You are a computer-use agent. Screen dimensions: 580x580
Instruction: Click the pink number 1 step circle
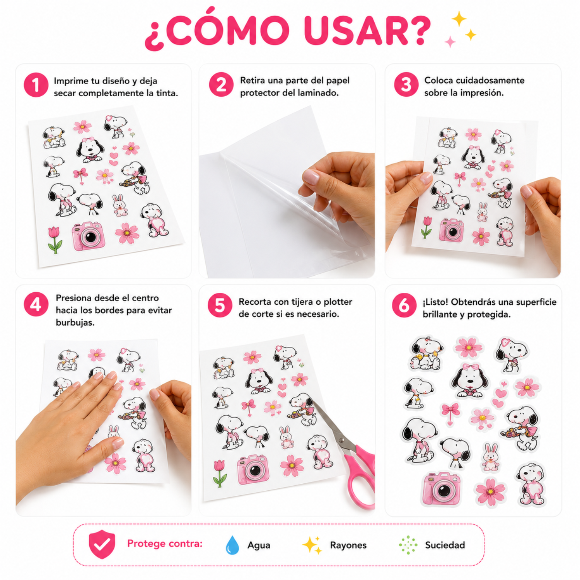click(x=36, y=85)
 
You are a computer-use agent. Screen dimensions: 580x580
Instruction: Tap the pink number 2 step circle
click(x=221, y=84)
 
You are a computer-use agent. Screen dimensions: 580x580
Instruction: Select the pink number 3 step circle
click(x=406, y=84)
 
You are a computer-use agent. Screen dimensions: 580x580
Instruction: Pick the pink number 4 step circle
click(x=36, y=304)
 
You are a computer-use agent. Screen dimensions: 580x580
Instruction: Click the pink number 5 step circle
click(x=220, y=305)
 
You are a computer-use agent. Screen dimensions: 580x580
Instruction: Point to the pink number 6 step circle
click(x=404, y=305)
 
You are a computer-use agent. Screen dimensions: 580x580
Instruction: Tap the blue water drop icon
click(x=232, y=545)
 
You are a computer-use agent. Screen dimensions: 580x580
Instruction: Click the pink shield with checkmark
click(x=102, y=544)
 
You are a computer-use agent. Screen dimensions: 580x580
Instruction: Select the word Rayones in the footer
click(x=348, y=545)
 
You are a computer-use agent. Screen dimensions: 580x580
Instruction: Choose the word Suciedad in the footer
click(x=445, y=545)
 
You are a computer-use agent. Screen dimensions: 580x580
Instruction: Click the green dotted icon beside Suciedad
click(x=408, y=545)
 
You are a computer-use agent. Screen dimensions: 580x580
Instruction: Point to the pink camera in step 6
click(x=441, y=488)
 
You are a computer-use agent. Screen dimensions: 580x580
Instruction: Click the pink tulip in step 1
click(x=55, y=240)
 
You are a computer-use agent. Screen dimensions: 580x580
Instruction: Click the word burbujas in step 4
click(x=75, y=322)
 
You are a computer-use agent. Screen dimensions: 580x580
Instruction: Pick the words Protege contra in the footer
click(x=165, y=544)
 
